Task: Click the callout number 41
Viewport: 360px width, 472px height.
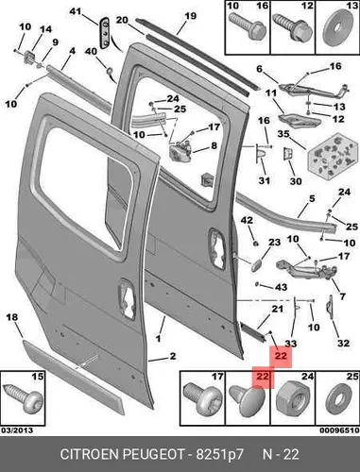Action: point(75,11)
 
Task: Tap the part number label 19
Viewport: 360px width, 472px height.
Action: point(190,16)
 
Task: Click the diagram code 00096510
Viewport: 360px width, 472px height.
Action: point(339,430)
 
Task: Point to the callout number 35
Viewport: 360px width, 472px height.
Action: point(283,134)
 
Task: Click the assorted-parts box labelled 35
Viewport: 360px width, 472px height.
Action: point(334,155)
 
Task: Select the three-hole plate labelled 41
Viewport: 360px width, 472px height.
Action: point(105,33)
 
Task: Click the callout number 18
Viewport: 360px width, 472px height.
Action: point(12,317)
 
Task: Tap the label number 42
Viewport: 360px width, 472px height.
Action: point(247,220)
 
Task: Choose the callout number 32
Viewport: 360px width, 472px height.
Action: point(343,343)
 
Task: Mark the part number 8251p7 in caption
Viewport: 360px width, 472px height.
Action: point(220,454)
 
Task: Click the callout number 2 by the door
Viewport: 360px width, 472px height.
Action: point(173,356)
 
